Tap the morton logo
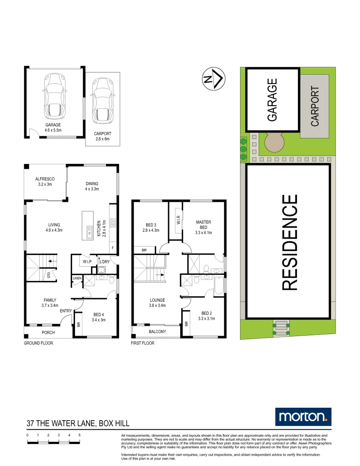[x=303, y=416]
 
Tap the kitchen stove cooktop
[x=113, y=223]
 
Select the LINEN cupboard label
[x=77, y=279]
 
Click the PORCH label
[x=48, y=333]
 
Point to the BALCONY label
[x=157, y=331]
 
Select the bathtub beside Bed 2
[x=219, y=285]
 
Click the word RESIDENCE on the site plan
[x=289, y=242]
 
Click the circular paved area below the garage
[x=275, y=142]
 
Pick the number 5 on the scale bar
[x=80, y=435]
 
